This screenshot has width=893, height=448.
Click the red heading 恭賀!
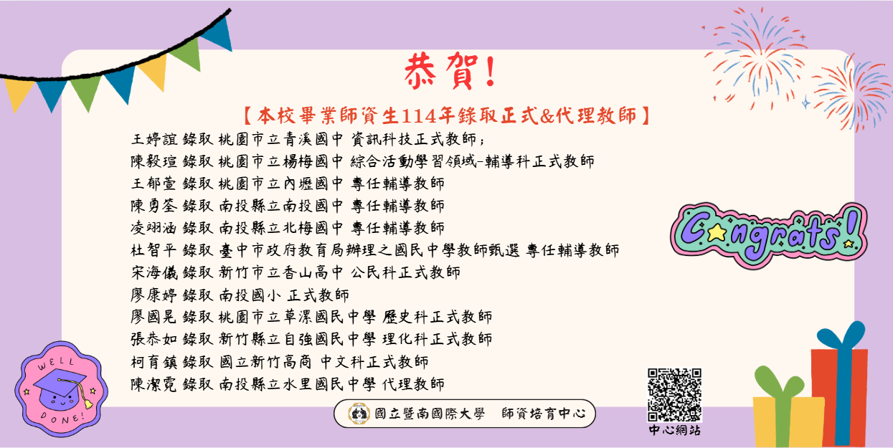450,72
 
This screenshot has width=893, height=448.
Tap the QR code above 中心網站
674,394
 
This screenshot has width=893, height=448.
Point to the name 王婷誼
153,139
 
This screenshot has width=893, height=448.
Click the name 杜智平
153,250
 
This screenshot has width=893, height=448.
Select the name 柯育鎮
153,361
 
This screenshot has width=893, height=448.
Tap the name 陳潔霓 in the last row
153,383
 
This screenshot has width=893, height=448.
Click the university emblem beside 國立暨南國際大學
357,414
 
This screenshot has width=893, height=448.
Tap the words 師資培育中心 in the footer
544,414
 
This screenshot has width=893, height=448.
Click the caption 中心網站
674,430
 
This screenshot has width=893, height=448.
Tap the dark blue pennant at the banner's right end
215,32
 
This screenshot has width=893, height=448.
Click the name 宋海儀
153,272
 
